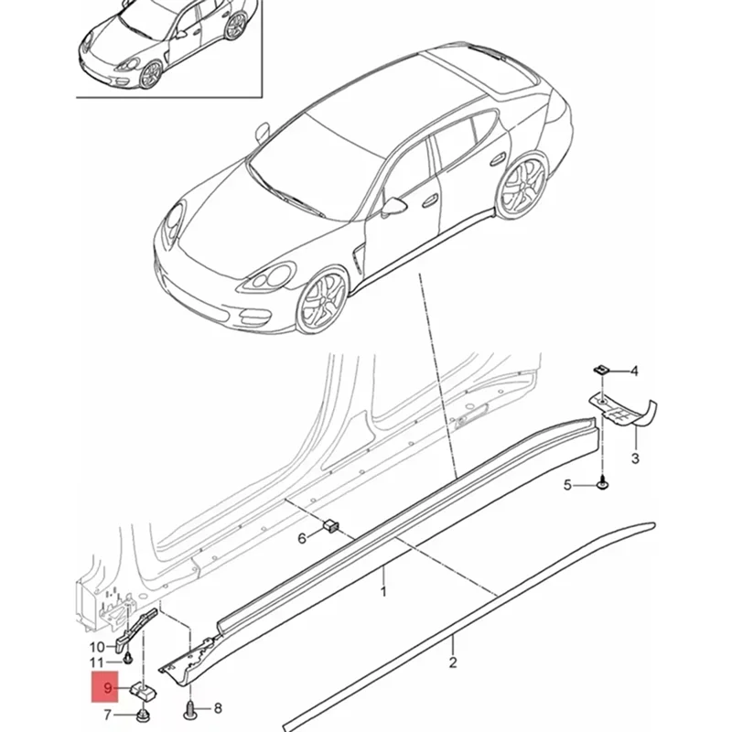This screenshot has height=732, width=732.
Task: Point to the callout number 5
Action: (568, 485)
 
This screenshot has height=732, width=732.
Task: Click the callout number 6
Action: (303, 540)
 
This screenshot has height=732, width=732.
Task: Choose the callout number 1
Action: (383, 592)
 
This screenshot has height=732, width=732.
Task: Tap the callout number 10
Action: (97, 647)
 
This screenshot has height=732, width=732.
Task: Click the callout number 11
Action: (97, 662)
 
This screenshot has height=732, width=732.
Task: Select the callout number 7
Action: (108, 714)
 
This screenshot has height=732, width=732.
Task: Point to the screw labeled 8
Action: (189, 707)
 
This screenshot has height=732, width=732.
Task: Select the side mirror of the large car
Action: (394, 205)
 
